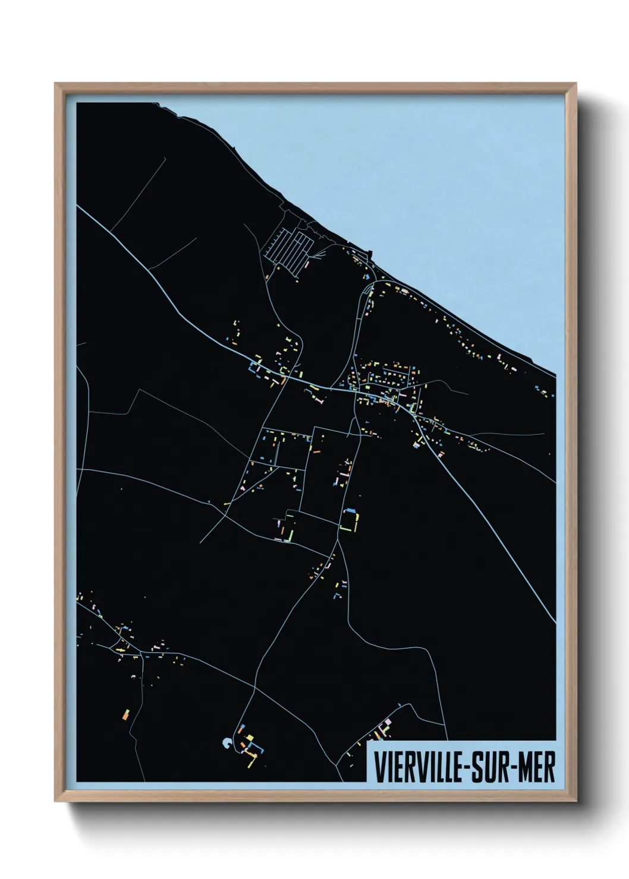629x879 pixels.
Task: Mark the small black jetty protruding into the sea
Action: click(371, 256)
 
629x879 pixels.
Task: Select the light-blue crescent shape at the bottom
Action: click(226, 742)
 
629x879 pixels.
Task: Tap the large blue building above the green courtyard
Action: click(350, 510)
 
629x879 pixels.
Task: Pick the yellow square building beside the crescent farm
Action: click(250, 738)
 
